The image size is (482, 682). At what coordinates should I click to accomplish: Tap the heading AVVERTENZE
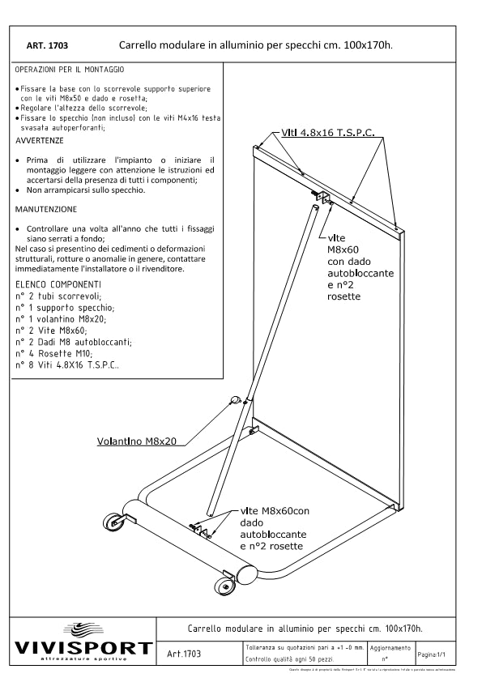(x=40, y=140)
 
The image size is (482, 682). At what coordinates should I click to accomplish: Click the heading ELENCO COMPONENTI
(x=58, y=284)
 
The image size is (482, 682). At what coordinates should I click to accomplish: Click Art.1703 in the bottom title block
(x=184, y=653)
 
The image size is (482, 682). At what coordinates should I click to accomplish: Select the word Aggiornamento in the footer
(x=390, y=649)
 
